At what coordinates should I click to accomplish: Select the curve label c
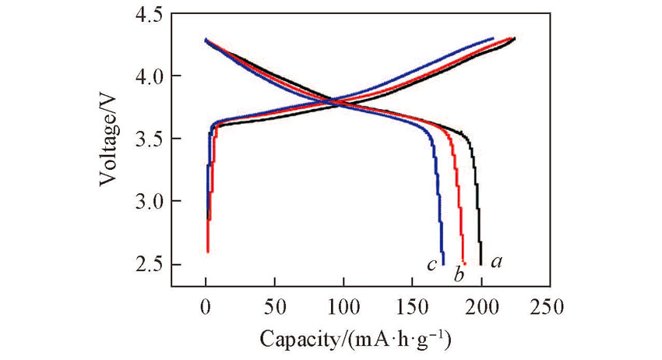(x=430, y=265)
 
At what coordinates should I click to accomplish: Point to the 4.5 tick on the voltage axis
(x=150, y=15)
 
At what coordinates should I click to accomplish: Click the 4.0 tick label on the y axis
(x=150, y=76)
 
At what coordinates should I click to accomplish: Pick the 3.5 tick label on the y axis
(x=150, y=139)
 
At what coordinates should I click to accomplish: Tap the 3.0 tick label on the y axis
(x=150, y=202)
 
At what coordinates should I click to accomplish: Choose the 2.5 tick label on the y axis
(x=150, y=265)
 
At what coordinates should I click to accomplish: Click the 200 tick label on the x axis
(x=482, y=305)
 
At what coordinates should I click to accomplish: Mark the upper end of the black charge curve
(x=515, y=38)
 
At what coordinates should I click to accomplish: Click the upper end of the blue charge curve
(x=493, y=38)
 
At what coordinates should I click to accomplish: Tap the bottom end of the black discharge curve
(x=481, y=264)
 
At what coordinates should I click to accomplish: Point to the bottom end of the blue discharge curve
(x=443, y=263)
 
